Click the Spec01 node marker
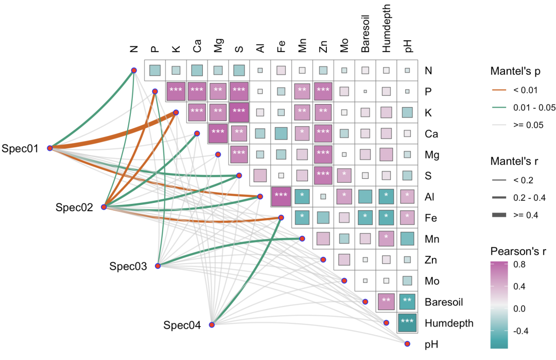coord(50,148)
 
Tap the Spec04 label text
coord(182,325)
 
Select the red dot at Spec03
coord(158,266)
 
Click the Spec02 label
coord(74,208)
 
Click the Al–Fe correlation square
coord(281,197)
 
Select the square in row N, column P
coord(154,70)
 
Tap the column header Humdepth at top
coord(386,28)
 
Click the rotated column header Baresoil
coord(365,33)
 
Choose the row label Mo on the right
coord(432,281)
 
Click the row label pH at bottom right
coord(431,345)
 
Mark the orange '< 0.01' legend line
coord(499,91)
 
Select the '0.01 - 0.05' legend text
coord(534,108)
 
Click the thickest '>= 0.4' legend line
coord(499,215)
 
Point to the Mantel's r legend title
coord(514,162)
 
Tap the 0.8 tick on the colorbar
coord(519,265)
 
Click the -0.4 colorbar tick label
coord(520,331)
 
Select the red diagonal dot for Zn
coord(323,260)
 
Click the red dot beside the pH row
coord(407,344)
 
